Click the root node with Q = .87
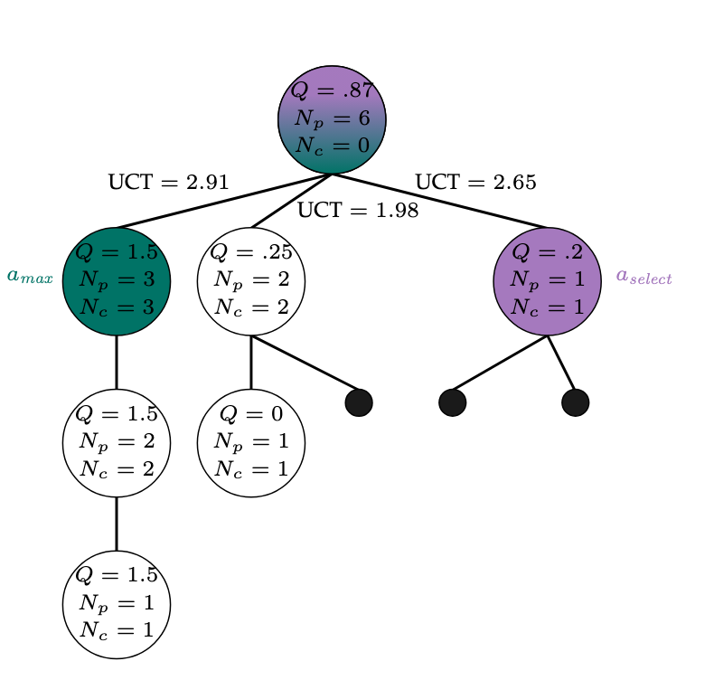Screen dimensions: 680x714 (x=332, y=119)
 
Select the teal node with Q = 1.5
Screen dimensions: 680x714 (x=117, y=281)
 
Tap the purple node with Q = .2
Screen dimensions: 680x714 (x=548, y=281)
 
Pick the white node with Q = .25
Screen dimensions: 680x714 (x=251, y=281)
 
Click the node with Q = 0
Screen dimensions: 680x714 (x=251, y=443)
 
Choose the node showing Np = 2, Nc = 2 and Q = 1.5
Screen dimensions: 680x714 (x=117, y=443)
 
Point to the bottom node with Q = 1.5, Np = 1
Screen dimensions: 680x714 (x=117, y=604)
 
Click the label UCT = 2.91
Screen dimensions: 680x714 (x=168, y=183)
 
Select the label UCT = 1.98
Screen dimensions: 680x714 (x=358, y=212)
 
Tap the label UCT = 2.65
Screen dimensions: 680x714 (x=475, y=183)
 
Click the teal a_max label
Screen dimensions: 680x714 (x=30, y=277)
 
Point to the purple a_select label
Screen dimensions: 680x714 (x=644, y=277)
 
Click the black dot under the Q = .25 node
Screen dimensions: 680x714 (x=359, y=402)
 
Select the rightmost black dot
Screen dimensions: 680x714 (x=575, y=402)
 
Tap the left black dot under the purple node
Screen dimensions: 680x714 (x=453, y=402)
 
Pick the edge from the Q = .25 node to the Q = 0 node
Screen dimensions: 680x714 (x=251, y=363)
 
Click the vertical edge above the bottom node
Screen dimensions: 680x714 (x=117, y=524)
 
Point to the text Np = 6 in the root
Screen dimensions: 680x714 (x=332, y=119)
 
